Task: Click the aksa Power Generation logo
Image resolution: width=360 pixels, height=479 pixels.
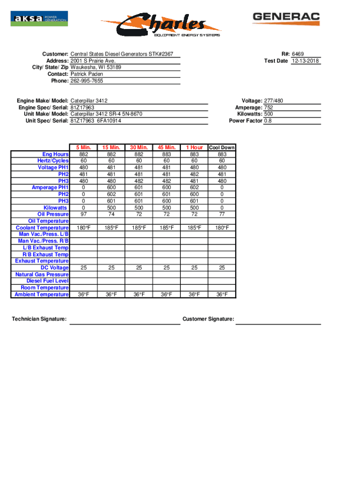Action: [x=39, y=19]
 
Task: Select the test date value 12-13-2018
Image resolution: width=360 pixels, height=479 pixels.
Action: [x=306, y=61]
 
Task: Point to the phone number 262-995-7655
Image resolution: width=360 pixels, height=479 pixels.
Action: [x=87, y=81]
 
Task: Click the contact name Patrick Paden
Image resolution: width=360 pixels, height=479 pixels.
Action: [x=86, y=74]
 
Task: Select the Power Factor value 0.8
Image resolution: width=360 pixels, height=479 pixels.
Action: [x=268, y=121]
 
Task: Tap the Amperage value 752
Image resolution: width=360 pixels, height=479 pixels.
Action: [x=268, y=108]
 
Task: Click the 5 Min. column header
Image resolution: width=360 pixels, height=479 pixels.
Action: [x=83, y=148]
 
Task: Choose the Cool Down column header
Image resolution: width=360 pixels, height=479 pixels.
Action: [x=222, y=148]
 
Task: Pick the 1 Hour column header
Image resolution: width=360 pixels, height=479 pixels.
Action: [x=194, y=148]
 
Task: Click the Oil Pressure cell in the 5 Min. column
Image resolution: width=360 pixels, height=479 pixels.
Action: [x=83, y=214]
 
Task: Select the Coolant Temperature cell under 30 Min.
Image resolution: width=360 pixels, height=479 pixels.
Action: [x=139, y=228]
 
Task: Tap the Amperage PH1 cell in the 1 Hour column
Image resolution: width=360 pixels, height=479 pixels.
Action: [x=194, y=188]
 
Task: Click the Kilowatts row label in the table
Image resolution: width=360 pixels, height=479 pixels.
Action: [x=55, y=208]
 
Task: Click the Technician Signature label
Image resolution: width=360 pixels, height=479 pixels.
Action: [x=39, y=319]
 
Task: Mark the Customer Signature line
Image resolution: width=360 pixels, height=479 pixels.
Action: [x=278, y=323]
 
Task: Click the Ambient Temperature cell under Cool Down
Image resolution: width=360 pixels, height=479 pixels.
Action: [x=222, y=294]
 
